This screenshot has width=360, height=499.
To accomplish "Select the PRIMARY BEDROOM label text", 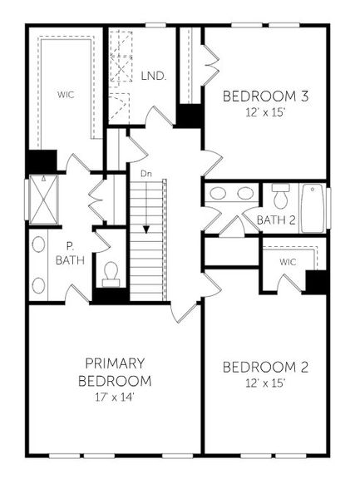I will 116,372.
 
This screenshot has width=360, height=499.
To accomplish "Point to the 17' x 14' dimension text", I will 115,397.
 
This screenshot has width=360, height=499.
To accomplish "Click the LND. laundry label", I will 154,76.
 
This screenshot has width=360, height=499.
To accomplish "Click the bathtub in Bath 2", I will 313,207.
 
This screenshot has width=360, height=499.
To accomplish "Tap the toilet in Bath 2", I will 279,197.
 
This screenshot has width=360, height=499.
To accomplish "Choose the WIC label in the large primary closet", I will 67,95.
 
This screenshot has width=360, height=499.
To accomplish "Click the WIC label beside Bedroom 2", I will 288,262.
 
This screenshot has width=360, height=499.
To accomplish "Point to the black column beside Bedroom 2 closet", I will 316,281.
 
